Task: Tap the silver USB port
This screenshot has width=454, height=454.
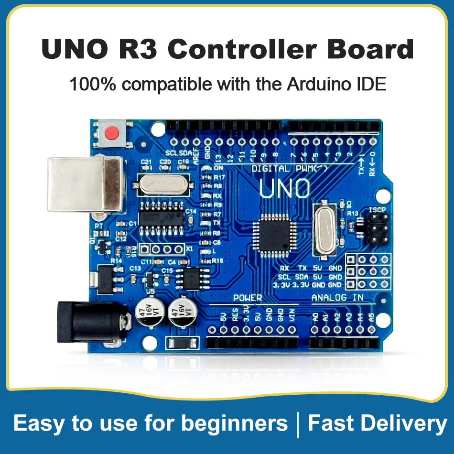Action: (x=84, y=184)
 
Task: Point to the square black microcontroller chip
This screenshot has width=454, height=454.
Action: (x=275, y=234)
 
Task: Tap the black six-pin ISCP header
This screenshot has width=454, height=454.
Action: (x=378, y=228)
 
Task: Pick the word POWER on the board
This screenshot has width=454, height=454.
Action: (x=247, y=298)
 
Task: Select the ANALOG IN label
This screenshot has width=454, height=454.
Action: (x=337, y=298)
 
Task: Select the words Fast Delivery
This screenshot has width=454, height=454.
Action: (x=377, y=423)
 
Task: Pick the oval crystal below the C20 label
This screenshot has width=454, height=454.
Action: (x=161, y=184)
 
